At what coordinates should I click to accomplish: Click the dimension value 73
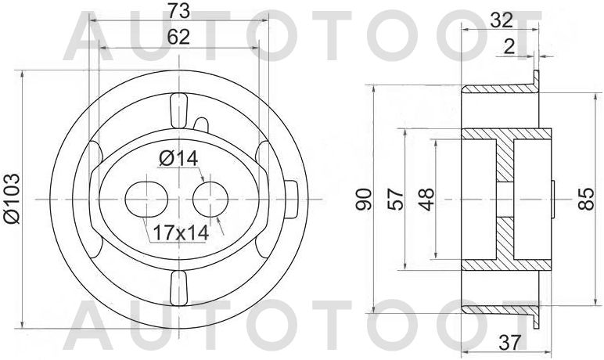tap(179, 11)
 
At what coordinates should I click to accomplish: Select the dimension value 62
tap(178, 38)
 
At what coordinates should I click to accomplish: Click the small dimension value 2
tap(509, 47)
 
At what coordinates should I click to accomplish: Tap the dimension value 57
tap(395, 200)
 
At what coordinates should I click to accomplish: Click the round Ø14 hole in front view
tap(209, 200)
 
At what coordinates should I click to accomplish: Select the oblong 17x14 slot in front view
tap(146, 200)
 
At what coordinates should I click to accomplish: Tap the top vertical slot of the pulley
tap(178, 110)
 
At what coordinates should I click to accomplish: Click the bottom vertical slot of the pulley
tap(178, 289)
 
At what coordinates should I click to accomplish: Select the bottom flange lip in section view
tap(537, 316)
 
